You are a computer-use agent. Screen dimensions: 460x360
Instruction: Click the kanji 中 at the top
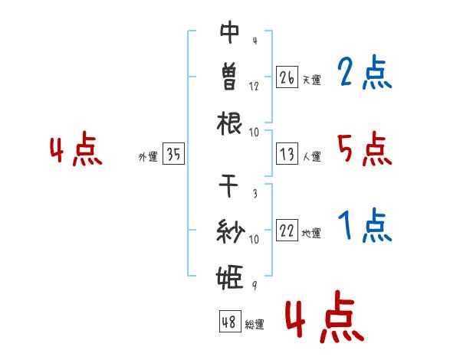tap(230, 32)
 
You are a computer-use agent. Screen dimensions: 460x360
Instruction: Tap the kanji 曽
tap(229, 77)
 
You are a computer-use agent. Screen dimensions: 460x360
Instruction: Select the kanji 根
tap(229, 123)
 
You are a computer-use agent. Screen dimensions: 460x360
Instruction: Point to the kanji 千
tap(228, 185)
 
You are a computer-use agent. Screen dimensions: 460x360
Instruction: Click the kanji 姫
tap(230, 277)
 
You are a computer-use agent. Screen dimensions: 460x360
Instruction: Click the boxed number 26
tap(287, 77)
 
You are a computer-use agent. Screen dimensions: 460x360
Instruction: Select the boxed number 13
tap(287, 153)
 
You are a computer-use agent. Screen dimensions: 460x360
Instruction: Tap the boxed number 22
tap(287, 230)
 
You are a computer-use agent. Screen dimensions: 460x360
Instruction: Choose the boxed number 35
tap(173, 153)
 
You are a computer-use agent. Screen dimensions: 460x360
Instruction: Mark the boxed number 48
tap(230, 321)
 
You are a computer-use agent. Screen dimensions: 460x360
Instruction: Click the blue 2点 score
tap(364, 72)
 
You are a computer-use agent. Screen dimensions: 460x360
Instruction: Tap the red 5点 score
tap(364, 149)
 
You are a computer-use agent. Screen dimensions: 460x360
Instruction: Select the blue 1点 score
tap(364, 225)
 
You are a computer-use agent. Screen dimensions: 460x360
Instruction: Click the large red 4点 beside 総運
tap(324, 316)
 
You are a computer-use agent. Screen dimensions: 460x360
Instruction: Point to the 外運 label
tap(148, 156)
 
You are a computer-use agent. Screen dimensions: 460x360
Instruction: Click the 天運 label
tap(312, 80)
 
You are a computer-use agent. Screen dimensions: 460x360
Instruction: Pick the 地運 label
tap(311, 233)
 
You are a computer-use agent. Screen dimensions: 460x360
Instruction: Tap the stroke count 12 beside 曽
tap(254, 87)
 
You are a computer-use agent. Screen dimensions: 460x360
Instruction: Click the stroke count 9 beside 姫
tap(255, 285)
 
